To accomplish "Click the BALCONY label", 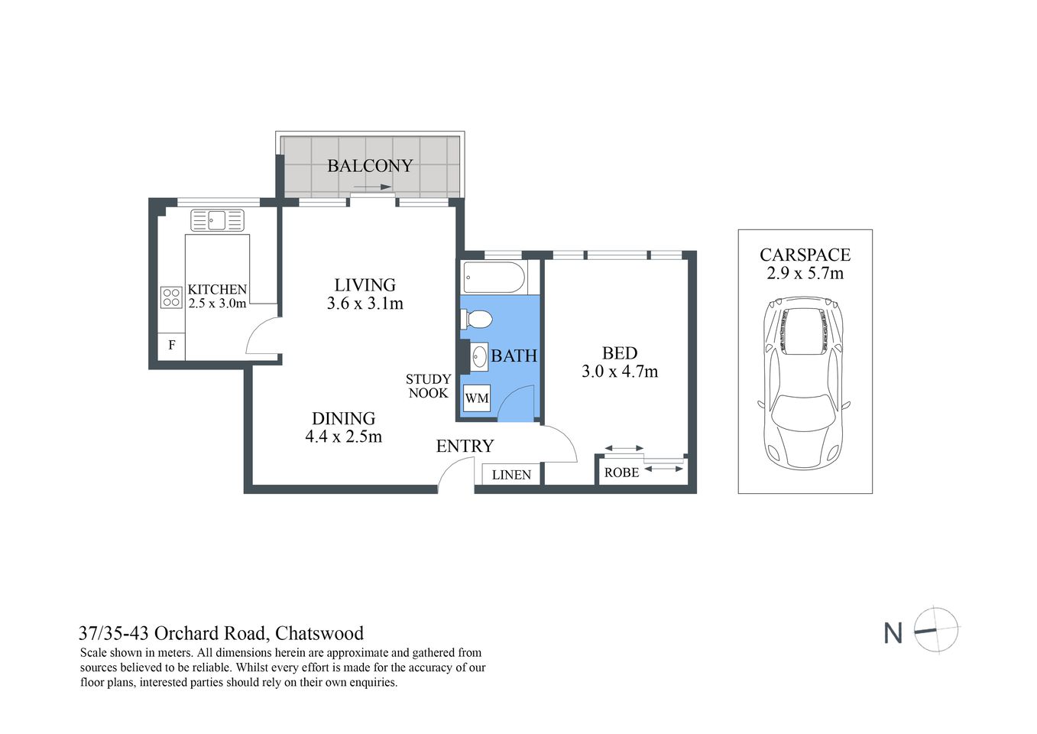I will click(x=370, y=166).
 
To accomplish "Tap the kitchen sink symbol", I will click(x=217, y=220).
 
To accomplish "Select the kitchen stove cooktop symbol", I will click(x=171, y=297).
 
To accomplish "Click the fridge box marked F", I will click(x=172, y=346).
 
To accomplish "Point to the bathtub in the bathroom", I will click(x=494, y=277).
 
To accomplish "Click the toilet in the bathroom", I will click(x=475, y=319).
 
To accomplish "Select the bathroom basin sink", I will click(x=479, y=356).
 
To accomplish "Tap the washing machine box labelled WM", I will click(x=477, y=398).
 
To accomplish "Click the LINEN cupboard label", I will click(x=511, y=475).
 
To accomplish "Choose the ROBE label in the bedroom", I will click(x=621, y=473).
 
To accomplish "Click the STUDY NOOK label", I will click(x=428, y=386).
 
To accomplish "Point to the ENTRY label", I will click(x=465, y=447).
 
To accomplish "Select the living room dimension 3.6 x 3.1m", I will click(x=365, y=304).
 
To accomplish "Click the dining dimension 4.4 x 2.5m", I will click(x=343, y=437).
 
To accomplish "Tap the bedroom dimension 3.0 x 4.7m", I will click(x=619, y=372).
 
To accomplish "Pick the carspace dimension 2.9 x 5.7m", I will click(x=805, y=274).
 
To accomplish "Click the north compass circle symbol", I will click(x=936, y=630).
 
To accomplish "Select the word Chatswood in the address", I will click(x=319, y=633).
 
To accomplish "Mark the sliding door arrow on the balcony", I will click(x=372, y=187).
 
